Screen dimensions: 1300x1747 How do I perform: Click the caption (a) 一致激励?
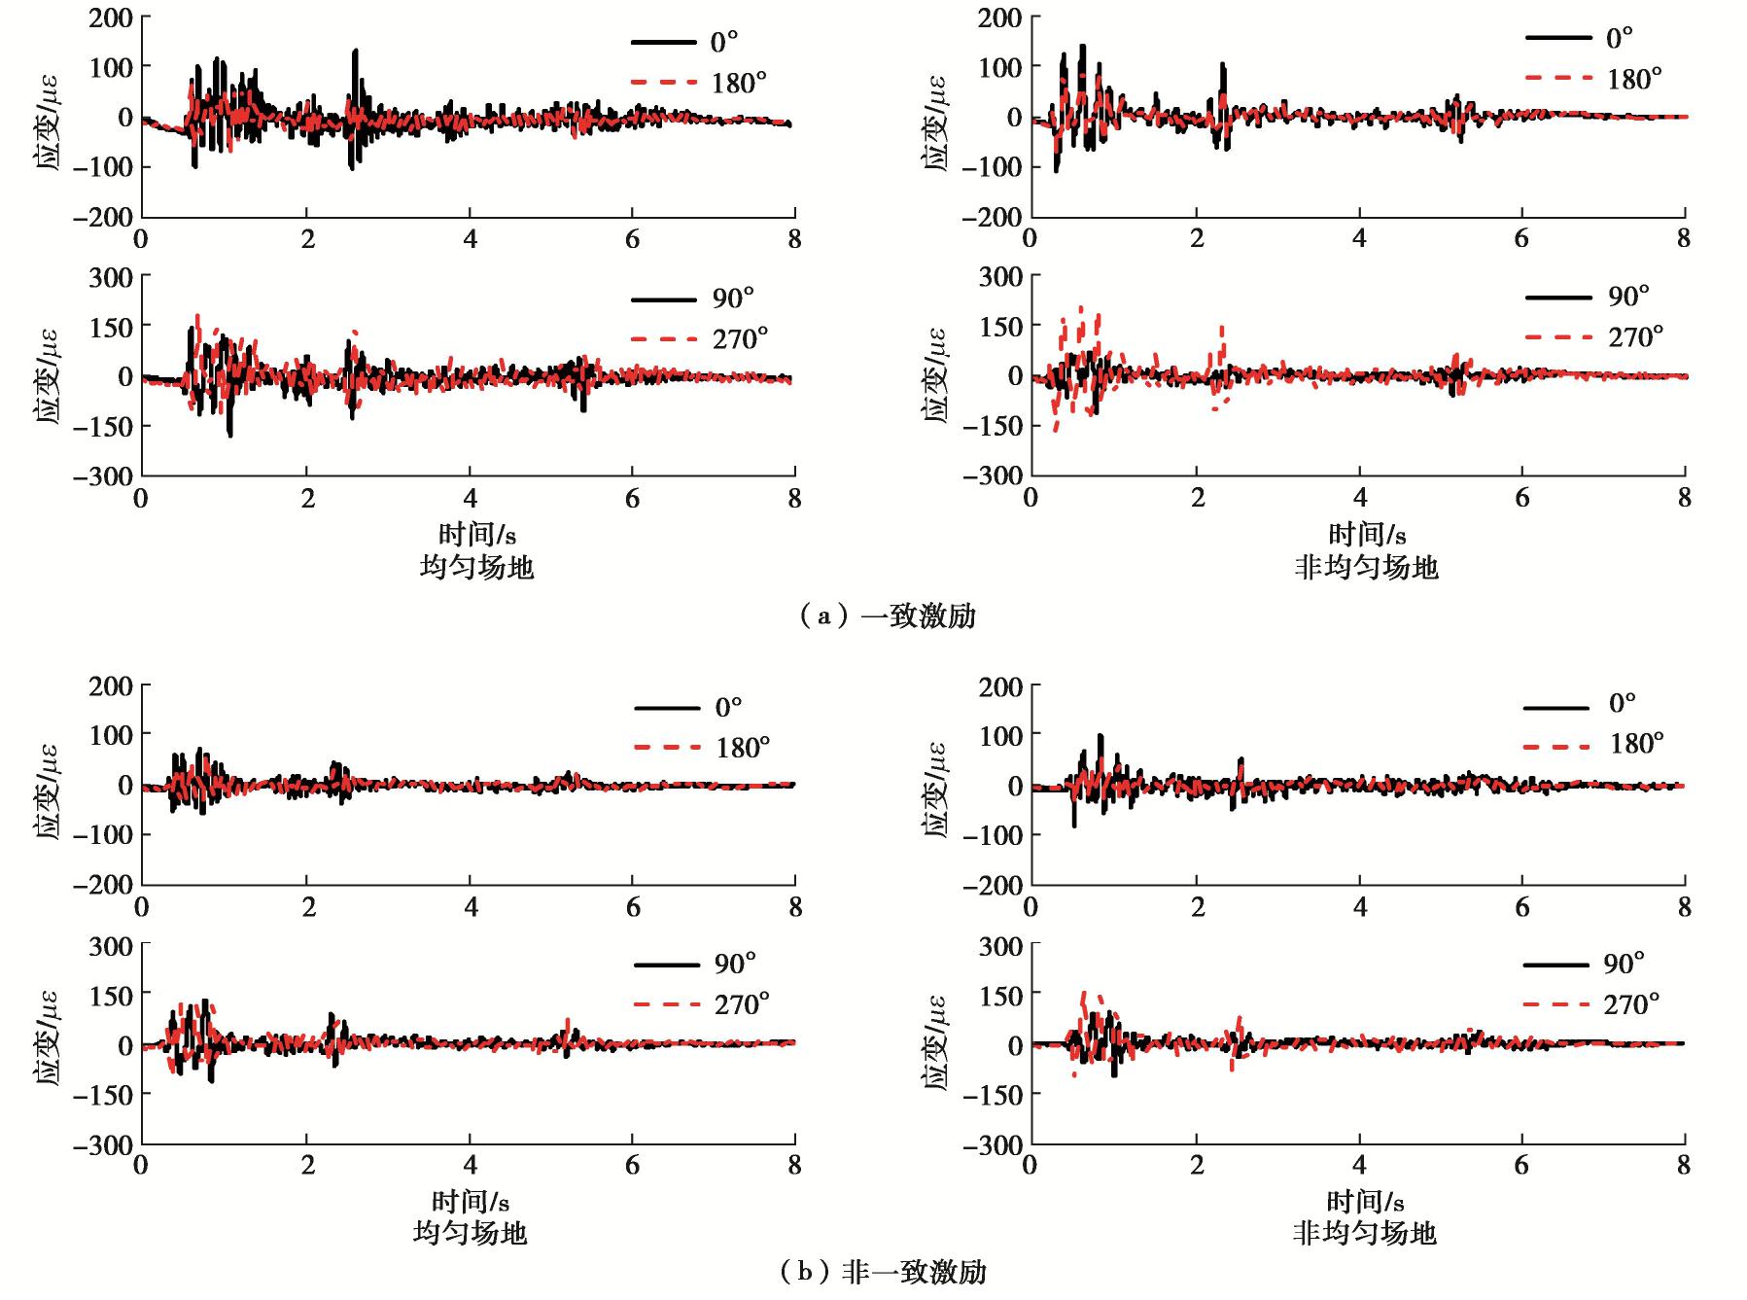[887, 615]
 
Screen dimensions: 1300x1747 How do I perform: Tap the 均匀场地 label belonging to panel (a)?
[476, 567]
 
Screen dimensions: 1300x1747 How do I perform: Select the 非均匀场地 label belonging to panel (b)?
[1364, 1233]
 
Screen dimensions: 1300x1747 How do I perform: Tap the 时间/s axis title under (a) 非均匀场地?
[1366, 534]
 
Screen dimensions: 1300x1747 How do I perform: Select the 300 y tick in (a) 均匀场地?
[110, 276]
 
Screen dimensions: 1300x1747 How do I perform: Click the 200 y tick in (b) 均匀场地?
[110, 685]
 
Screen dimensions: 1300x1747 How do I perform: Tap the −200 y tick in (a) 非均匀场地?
[993, 216]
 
